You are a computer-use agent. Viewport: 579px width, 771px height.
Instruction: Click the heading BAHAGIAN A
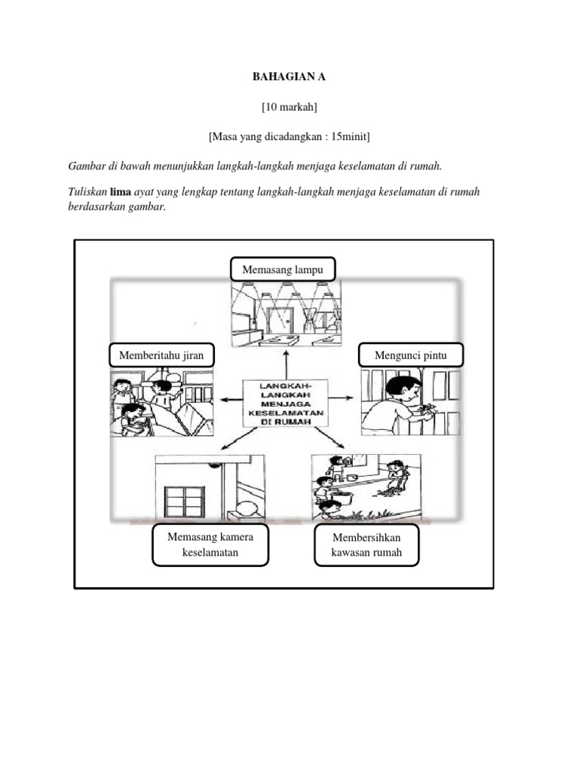pyautogui.click(x=289, y=78)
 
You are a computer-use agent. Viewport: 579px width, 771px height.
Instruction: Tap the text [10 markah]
pyautogui.click(x=289, y=108)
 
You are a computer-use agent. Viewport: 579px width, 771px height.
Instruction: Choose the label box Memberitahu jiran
pyautogui.click(x=161, y=355)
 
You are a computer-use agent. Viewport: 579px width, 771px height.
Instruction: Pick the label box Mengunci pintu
pyautogui.click(x=412, y=355)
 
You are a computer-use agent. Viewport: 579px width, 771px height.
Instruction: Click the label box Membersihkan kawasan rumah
pyautogui.click(x=366, y=545)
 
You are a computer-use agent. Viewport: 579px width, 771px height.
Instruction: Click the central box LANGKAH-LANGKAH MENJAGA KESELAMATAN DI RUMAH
pyautogui.click(x=285, y=403)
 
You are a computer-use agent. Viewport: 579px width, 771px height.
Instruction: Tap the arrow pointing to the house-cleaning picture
pyautogui.click(x=332, y=439)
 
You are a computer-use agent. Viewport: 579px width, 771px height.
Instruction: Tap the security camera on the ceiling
pyautogui.click(x=216, y=466)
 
